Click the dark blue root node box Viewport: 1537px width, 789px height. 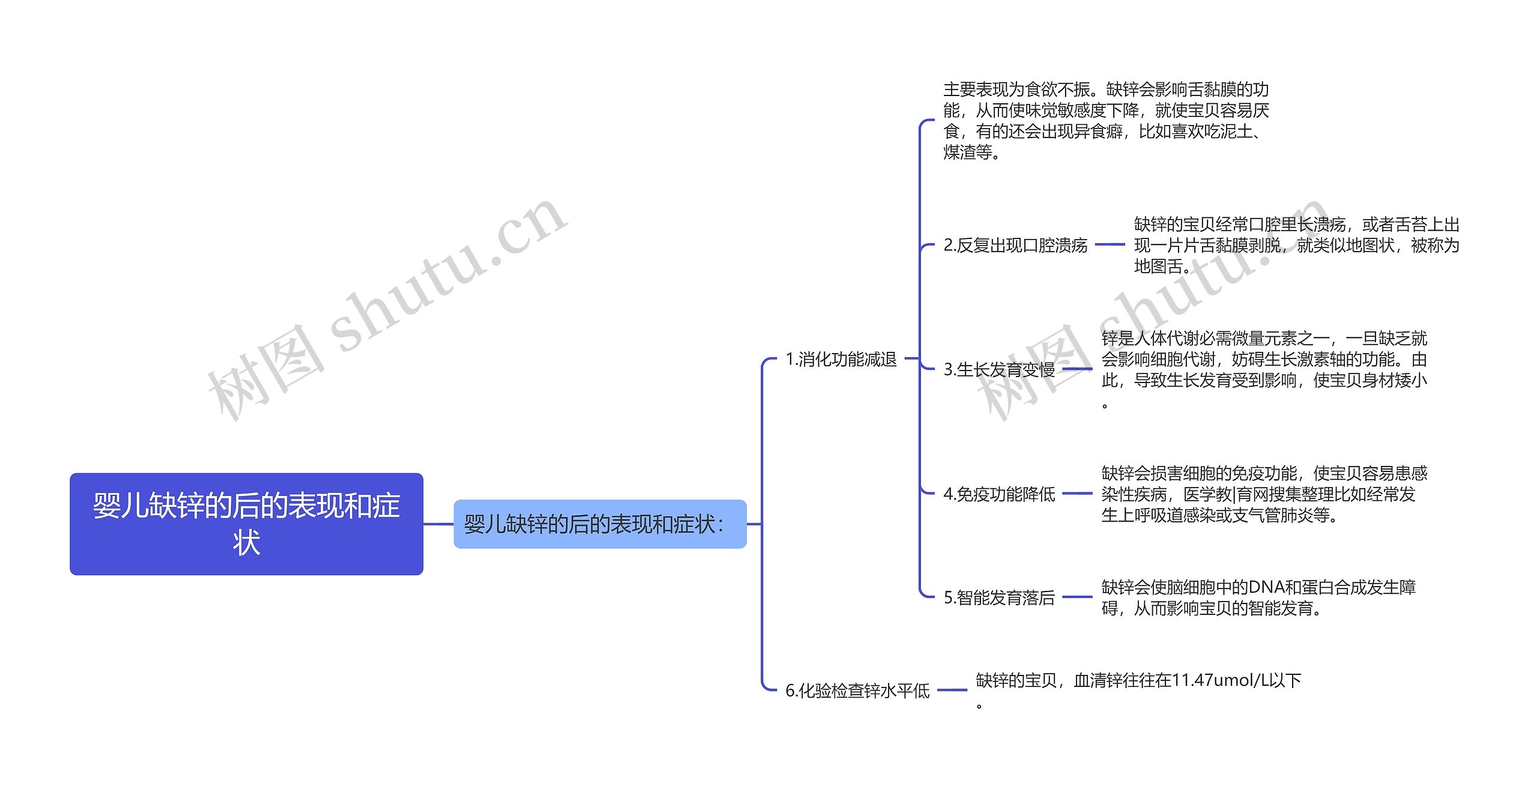pos(246,524)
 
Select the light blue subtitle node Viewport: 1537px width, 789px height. pos(599,524)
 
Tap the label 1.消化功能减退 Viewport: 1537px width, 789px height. pos(841,359)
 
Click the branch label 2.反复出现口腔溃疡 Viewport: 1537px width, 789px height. pos(1015,245)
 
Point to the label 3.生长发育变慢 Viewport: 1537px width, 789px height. pos(999,369)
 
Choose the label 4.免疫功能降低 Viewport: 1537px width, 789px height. pos(999,494)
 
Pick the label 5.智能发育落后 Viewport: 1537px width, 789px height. pos(999,597)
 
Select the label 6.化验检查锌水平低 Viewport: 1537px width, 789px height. pos(857,691)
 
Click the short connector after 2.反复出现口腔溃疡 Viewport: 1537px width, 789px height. pos(1110,244)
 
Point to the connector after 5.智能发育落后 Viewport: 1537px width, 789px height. pos(1077,597)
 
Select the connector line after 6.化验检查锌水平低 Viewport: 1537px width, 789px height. pos(952,690)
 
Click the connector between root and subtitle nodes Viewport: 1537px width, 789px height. pos(438,524)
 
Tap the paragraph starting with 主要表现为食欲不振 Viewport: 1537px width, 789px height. pos(1105,121)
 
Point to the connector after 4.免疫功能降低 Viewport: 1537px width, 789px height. pos(1077,494)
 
